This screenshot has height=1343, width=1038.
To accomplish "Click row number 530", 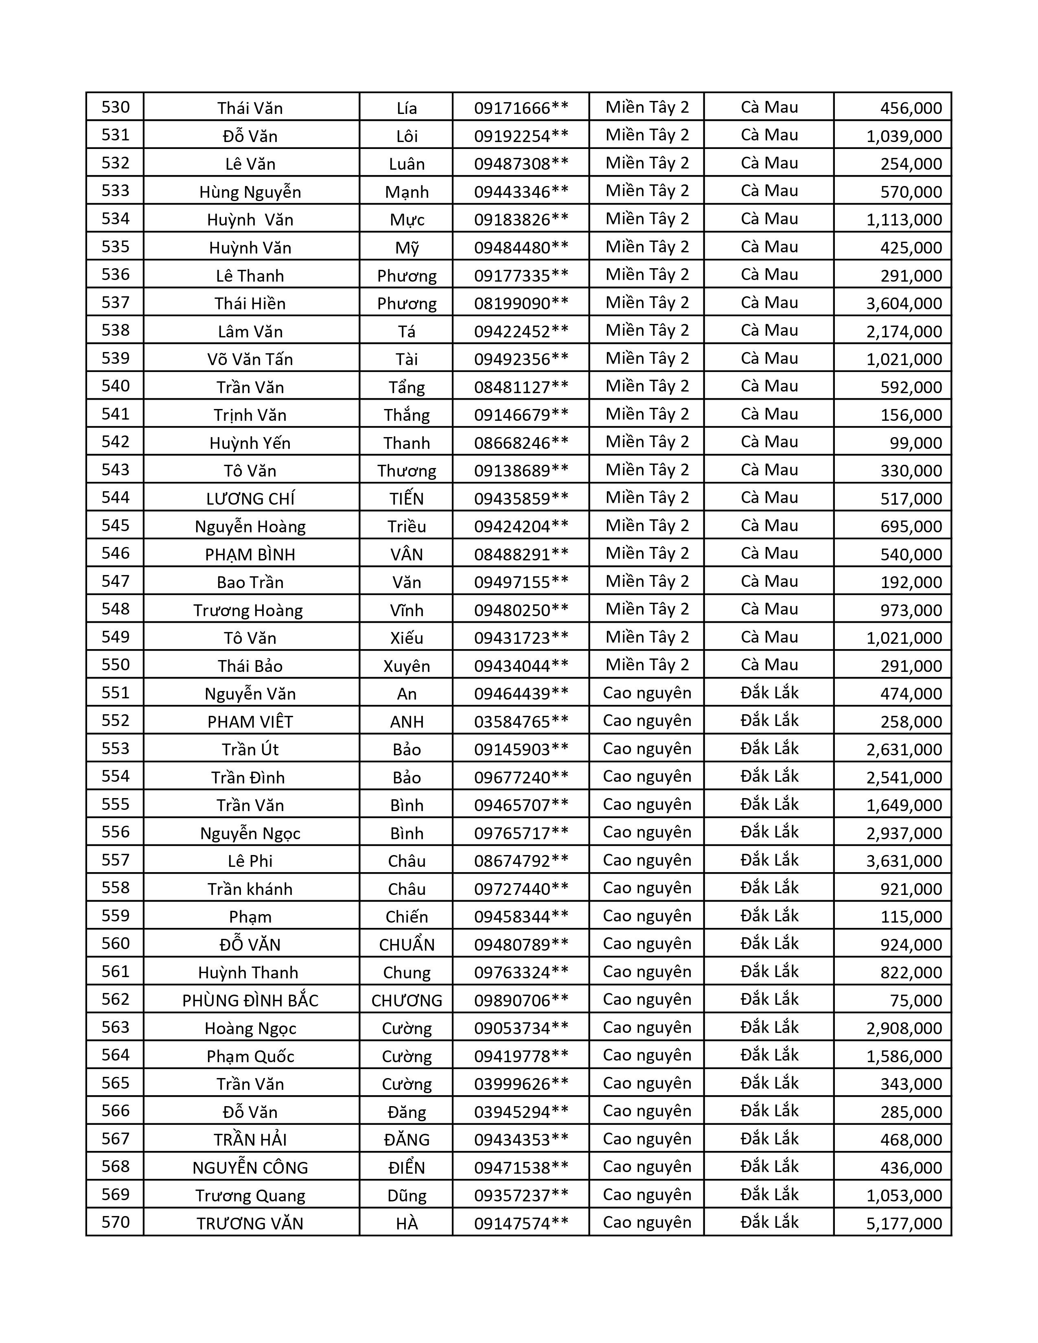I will [116, 107].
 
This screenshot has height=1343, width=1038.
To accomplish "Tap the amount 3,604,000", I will [904, 304].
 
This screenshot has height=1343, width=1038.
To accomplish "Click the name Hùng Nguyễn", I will [250, 192].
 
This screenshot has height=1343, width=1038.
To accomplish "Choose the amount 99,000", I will [915, 443].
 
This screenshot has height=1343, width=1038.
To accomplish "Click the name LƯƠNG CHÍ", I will [250, 499].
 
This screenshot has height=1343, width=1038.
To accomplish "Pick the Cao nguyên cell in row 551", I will [647, 693].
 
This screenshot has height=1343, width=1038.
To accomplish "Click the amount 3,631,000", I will [904, 861].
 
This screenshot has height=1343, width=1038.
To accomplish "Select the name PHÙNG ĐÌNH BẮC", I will [250, 1000].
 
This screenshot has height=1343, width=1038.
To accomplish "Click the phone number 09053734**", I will [521, 1028].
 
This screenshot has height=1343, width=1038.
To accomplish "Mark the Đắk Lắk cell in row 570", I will [769, 1223].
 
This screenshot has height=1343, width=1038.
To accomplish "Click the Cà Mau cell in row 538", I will [769, 331].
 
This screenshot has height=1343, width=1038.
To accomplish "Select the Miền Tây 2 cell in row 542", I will [647, 442].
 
